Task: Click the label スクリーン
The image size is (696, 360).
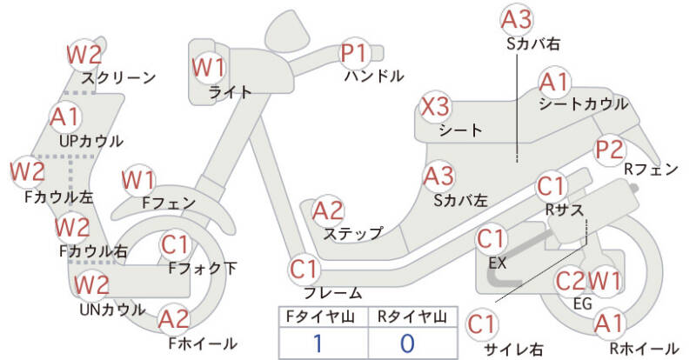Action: (118, 77)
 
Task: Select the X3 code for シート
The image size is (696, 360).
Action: (436, 108)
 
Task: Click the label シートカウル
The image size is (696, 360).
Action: (583, 104)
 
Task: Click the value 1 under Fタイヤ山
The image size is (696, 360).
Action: (318, 342)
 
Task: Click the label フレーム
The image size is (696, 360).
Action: (332, 293)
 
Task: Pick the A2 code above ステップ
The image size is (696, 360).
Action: (329, 210)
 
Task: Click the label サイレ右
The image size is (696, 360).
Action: (513, 350)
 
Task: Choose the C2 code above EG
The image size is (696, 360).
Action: (571, 281)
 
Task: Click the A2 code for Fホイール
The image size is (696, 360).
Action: (174, 320)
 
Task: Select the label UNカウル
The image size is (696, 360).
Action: (112, 309)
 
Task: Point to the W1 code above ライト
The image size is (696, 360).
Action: (209, 67)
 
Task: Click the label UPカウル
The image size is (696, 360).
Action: (91, 141)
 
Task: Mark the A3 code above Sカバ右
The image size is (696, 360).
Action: (517, 18)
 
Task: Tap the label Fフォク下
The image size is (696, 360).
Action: (201, 269)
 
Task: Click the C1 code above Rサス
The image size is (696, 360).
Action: (552, 185)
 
